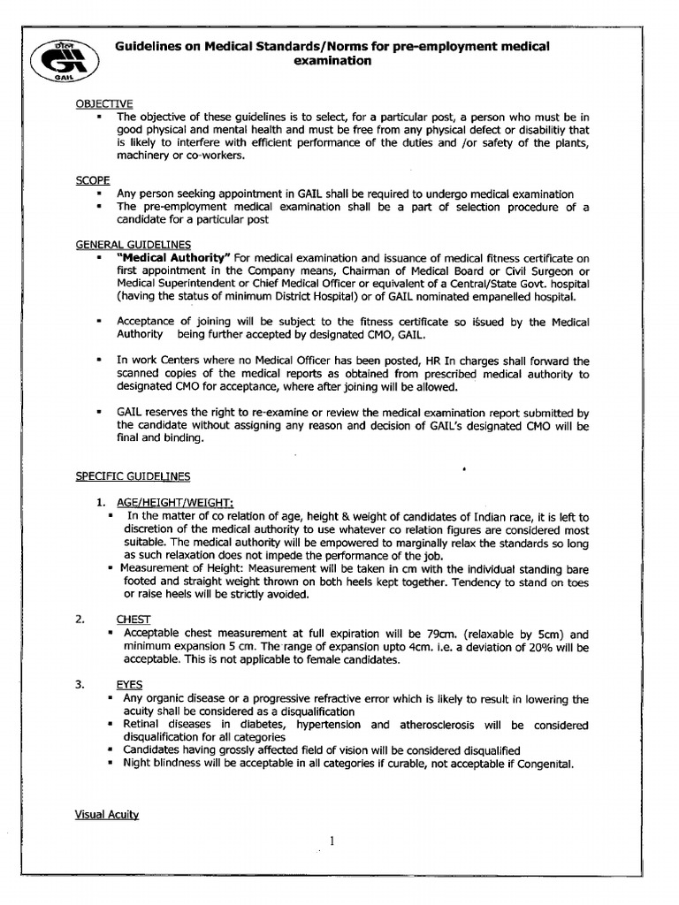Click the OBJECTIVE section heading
coord(103,104)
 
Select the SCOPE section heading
coord(92,180)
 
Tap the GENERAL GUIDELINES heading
coord(132,244)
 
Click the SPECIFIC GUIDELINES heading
coord(132,476)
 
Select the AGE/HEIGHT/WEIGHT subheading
coord(170,502)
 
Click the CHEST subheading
coord(134,620)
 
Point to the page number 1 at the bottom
coord(331,841)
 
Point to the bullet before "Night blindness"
coord(111,764)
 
